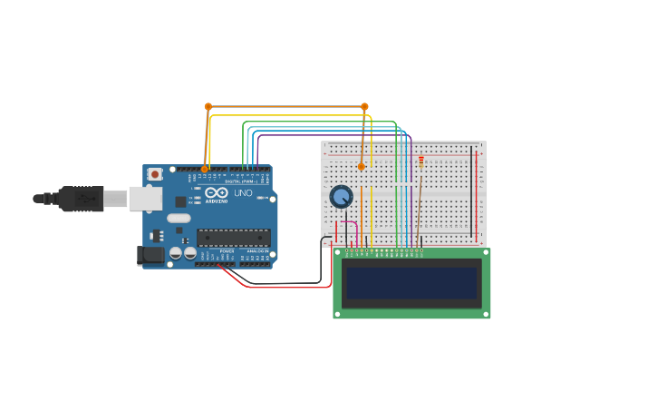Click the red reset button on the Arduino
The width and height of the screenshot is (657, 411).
tap(155, 174)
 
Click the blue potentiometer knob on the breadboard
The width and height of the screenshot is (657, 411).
tap(341, 196)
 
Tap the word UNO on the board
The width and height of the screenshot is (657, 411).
tap(243, 193)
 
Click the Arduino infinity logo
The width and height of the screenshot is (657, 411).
tap(217, 192)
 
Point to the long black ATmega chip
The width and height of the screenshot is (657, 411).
tap(233, 238)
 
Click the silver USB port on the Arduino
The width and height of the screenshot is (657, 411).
tap(143, 199)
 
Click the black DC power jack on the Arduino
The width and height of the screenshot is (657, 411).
tap(150, 256)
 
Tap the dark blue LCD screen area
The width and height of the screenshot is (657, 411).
tap(411, 283)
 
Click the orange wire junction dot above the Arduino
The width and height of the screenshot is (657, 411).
tap(208, 106)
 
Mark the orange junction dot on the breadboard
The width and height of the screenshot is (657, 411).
tap(361, 166)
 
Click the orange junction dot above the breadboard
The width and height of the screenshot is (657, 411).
tap(364, 106)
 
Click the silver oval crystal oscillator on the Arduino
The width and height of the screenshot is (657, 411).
tap(179, 218)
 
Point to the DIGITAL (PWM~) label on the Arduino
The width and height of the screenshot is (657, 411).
tap(238, 181)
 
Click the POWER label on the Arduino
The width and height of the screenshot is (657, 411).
tap(227, 251)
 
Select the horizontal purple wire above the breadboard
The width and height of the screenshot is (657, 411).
tap(335, 135)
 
